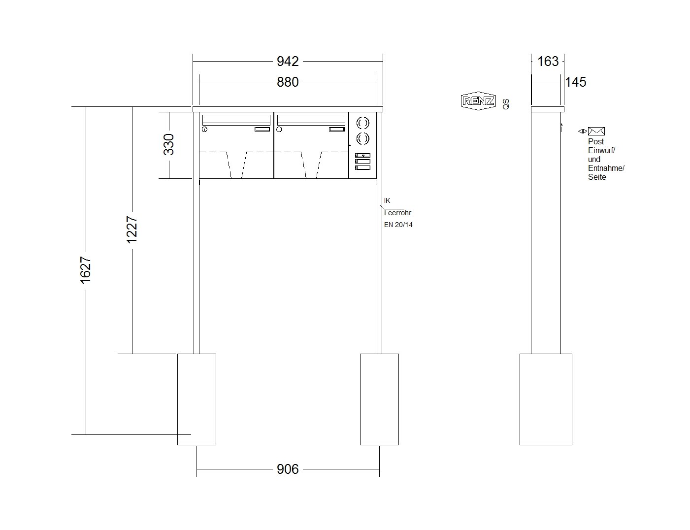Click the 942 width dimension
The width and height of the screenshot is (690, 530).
tap(287, 61)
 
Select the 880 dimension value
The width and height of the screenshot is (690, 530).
tap(287, 82)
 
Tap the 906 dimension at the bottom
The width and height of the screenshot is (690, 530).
tap(287, 469)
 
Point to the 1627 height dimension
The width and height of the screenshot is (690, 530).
tap(86, 270)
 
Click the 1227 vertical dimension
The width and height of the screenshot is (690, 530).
tap(132, 230)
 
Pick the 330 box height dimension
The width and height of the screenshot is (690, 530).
tap(168, 144)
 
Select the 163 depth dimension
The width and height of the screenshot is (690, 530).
tap(548, 61)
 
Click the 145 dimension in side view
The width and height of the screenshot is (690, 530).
tap(575, 82)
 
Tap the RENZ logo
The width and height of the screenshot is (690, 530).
tap(478, 101)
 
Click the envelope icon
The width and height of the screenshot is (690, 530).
tap(596, 131)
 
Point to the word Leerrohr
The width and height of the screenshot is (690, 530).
tap(397, 213)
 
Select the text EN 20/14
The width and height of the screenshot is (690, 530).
tap(398, 225)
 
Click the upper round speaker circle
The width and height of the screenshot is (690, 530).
tap(362, 123)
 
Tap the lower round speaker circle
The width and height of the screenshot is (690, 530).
tap(362, 138)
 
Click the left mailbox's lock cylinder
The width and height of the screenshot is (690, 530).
tap(204, 129)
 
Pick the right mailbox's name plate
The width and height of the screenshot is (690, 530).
tap(336, 129)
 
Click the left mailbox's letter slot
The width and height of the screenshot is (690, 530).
tap(236, 119)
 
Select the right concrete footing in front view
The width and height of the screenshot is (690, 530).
tap(379, 399)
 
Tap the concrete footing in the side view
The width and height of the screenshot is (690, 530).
tap(546, 399)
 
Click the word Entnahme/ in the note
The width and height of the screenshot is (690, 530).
tap(606, 168)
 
